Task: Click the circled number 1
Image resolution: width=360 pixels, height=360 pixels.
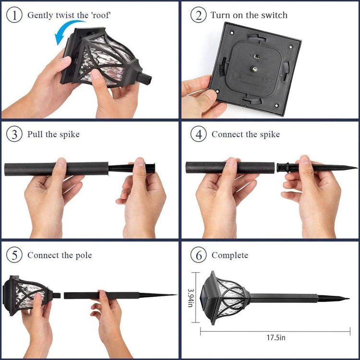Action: pyautogui.click(x=14, y=15)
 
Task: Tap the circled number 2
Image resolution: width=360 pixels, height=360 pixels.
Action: pyautogui.click(x=199, y=15)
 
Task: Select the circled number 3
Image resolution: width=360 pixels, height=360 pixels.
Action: pyautogui.click(x=14, y=134)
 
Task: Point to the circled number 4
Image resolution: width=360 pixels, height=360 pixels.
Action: pyautogui.click(x=199, y=134)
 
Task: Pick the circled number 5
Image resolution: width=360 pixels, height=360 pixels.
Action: pyautogui.click(x=14, y=255)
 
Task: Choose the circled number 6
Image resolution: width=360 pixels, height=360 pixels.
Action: pyautogui.click(x=199, y=255)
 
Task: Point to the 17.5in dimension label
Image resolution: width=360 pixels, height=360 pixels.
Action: pyautogui.click(x=276, y=337)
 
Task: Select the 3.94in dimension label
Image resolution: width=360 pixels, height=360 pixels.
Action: pyautogui.click(x=191, y=298)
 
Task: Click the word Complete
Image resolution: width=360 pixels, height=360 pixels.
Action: pyautogui.click(x=230, y=255)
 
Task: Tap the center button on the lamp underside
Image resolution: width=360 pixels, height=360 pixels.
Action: pyautogui.click(x=254, y=68)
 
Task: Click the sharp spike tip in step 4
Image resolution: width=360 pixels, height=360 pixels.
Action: pyautogui.click(x=357, y=168)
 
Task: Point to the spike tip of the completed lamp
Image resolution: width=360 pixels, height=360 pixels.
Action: pyautogui.click(x=348, y=299)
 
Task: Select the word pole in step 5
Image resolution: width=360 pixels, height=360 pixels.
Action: pyautogui.click(x=84, y=255)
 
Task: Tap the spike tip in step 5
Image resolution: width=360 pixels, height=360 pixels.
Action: pyautogui.click(x=176, y=295)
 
